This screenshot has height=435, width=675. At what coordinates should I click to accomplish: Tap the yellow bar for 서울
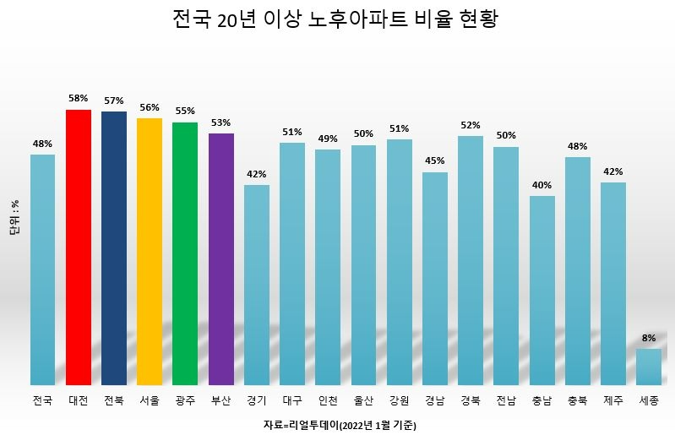[150, 252]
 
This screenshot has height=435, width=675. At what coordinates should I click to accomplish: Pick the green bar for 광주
[185, 253]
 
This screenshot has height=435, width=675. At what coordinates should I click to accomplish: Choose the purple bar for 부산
[220, 258]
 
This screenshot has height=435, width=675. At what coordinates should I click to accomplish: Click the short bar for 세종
[649, 367]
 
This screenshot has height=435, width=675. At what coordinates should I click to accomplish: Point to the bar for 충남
[542, 290]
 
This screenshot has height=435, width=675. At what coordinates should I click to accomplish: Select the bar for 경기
[257, 285]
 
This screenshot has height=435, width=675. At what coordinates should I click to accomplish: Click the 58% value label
[79, 98]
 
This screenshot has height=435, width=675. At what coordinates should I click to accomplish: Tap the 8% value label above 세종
[649, 338]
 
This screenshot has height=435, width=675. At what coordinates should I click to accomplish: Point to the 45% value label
[435, 161]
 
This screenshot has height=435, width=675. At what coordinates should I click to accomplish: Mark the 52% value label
[471, 125]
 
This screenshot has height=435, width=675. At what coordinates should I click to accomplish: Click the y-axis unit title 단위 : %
[15, 218]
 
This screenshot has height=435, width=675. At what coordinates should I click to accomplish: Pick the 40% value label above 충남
[542, 185]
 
